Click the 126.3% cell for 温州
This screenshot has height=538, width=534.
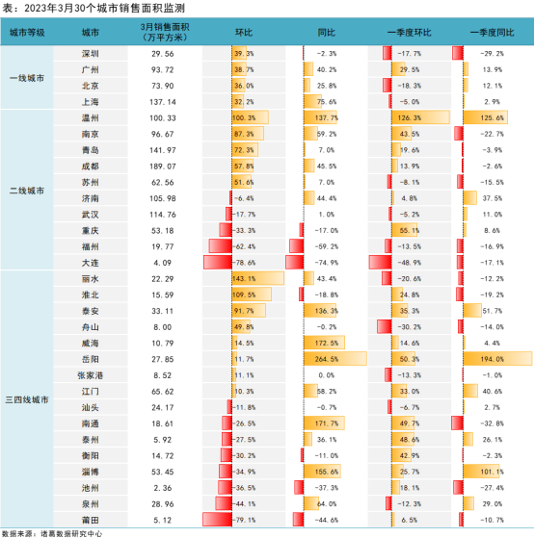click(409, 117)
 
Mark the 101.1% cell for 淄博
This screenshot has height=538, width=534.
click(492, 472)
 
